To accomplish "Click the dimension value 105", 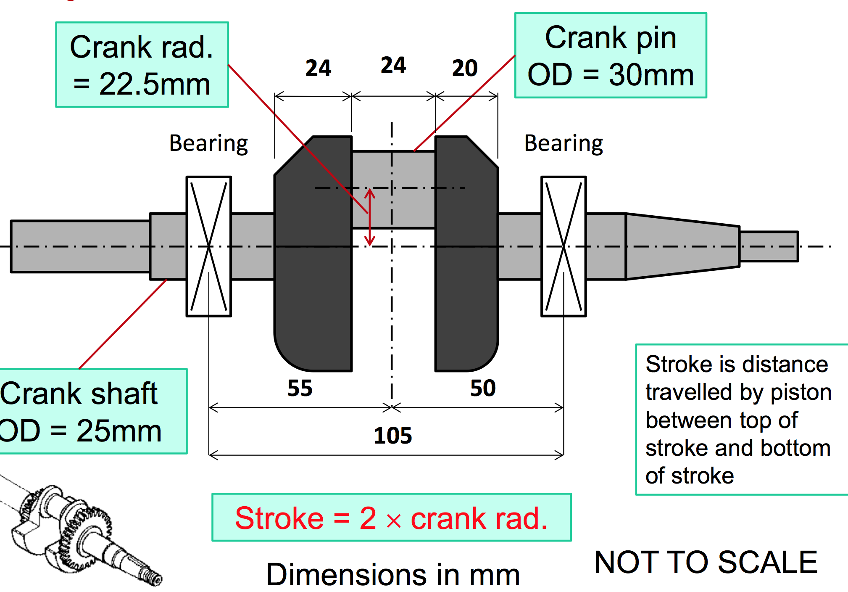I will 393,436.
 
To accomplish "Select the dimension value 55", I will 300,388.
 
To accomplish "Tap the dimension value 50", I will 483,388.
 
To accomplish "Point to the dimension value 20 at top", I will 465,68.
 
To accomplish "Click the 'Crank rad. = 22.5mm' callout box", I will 142,65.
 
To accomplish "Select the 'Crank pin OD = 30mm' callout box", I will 611,55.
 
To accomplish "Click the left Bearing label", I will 208,143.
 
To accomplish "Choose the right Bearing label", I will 564,143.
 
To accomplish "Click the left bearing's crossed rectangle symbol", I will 209,246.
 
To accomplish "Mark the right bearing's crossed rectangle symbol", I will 564,246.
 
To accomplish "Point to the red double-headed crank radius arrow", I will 369,217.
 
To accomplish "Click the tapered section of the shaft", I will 682,246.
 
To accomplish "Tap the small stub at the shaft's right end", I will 769,246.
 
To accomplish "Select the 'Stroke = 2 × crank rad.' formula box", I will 391,518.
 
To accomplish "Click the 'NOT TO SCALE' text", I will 706,562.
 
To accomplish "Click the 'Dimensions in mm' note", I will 393,575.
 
